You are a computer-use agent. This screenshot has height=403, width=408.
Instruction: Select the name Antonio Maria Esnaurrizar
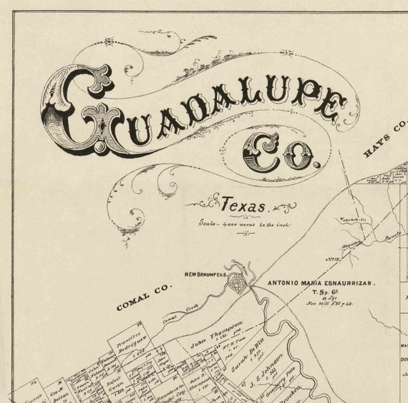[321, 284]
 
